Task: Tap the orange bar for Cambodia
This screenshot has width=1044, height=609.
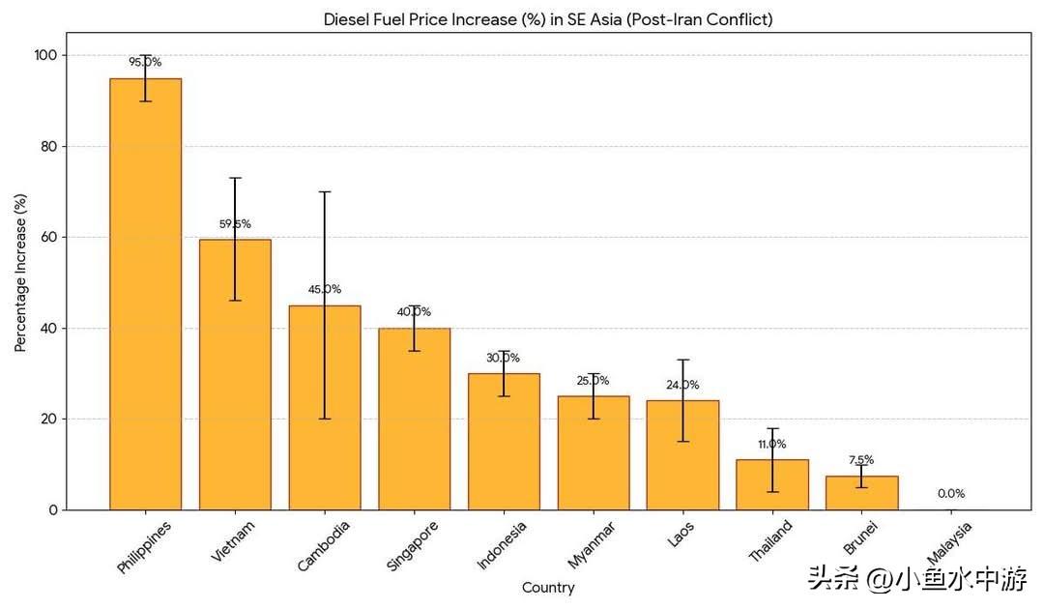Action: click(x=325, y=407)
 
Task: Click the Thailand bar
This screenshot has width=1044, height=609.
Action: click(x=772, y=484)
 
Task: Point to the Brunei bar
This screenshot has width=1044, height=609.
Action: click(x=861, y=492)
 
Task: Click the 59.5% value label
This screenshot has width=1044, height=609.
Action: click(x=235, y=224)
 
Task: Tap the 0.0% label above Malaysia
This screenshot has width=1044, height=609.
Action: click(x=951, y=493)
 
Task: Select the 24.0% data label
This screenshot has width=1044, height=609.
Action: click(x=682, y=385)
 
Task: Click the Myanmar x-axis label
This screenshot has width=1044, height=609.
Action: click(x=589, y=545)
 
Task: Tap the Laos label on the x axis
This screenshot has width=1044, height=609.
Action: click(x=681, y=536)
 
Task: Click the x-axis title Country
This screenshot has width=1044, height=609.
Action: click(x=548, y=588)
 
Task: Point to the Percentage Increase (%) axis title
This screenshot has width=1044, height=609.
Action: click(x=20, y=272)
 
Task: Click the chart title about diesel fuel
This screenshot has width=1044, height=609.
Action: click(x=547, y=19)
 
